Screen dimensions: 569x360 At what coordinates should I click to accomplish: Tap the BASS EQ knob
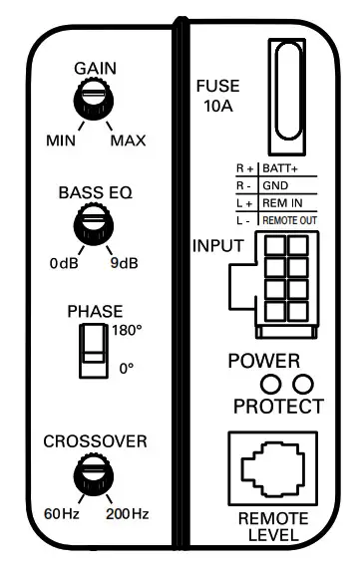[95, 222]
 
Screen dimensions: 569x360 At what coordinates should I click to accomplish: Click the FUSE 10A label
[217, 97]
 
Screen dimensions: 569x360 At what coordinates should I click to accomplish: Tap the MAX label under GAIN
[128, 141]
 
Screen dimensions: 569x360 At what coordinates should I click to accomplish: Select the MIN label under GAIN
[63, 141]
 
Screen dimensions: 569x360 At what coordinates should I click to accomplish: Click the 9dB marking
[125, 264]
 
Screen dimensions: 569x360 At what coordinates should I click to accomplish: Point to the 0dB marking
[63, 264]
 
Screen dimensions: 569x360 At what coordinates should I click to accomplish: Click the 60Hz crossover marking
[60, 513]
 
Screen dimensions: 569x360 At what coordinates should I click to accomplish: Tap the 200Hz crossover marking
[128, 513]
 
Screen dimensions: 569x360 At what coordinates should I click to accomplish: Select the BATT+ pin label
[281, 171]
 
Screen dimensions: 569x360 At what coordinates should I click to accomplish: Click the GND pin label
[274, 186]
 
